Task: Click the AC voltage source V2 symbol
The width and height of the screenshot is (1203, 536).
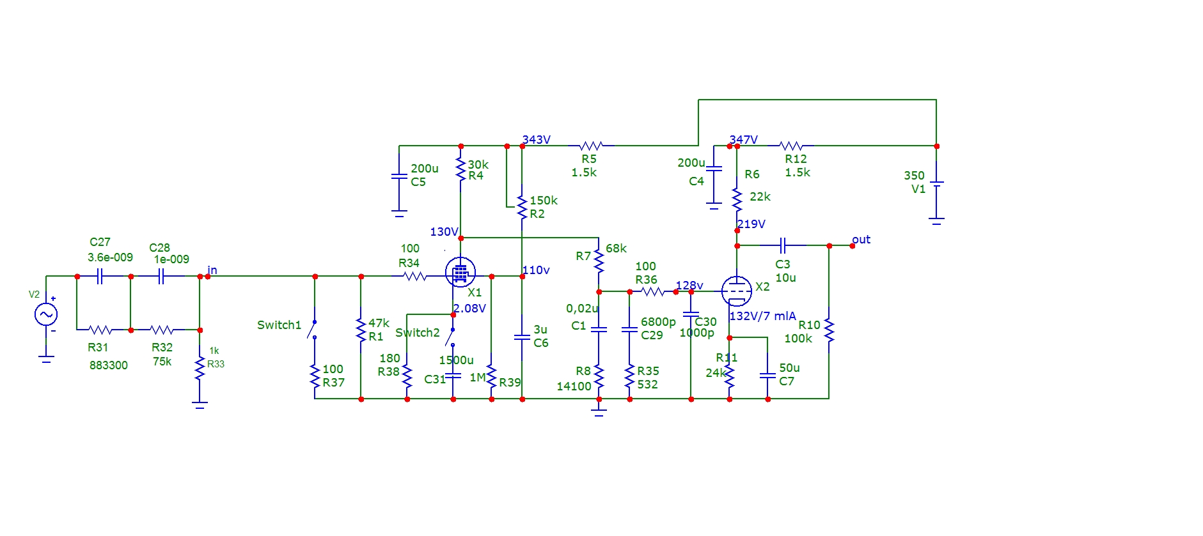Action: tap(46, 314)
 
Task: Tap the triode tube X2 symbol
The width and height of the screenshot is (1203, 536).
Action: tap(736, 291)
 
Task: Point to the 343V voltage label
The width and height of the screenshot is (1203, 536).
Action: tap(536, 139)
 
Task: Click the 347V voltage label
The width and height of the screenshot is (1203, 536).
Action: tap(744, 139)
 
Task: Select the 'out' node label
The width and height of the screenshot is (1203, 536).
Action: tap(861, 240)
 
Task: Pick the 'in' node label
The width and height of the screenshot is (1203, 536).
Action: tap(212, 270)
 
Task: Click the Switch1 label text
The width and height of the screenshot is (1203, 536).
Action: tap(279, 325)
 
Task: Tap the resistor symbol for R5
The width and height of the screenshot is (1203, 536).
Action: tap(590, 146)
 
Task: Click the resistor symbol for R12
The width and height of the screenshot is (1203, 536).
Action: tap(791, 146)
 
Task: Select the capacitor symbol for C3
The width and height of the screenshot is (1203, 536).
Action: tap(783, 245)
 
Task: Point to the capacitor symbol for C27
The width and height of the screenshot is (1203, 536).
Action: tap(100, 276)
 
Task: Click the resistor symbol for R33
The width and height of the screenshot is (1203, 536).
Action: tap(200, 369)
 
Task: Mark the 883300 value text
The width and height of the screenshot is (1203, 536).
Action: tap(108, 365)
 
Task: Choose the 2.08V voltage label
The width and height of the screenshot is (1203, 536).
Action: tap(470, 309)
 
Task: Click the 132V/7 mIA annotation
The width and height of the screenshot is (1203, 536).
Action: tap(762, 316)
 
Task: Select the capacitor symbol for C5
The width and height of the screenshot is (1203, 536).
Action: tap(399, 176)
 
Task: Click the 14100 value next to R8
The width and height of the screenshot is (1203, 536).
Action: tap(574, 387)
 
